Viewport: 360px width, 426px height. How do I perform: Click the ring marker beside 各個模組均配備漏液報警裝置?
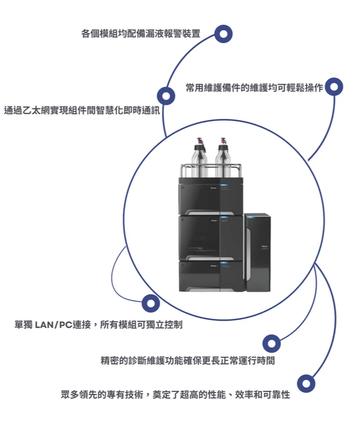[223, 34]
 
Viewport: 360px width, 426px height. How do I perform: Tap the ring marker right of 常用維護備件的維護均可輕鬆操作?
[334, 87]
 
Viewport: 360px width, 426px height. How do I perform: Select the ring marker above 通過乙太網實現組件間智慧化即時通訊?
[166, 96]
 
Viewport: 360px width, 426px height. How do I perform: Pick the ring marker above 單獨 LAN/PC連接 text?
[151, 304]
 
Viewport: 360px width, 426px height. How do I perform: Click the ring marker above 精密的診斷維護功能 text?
[272, 344]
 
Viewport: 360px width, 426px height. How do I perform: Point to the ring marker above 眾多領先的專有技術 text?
[306, 383]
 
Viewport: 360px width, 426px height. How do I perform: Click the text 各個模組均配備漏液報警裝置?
[141, 34]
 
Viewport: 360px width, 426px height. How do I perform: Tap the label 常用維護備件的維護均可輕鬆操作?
[254, 87]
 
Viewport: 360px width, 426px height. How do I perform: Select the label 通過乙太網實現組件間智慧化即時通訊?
[82, 111]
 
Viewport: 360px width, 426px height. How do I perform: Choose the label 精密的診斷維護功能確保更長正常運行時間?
[188, 360]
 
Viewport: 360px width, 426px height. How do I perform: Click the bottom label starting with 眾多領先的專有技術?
[175, 395]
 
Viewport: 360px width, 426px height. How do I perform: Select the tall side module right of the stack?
[258, 252]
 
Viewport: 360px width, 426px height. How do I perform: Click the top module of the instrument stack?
[211, 196]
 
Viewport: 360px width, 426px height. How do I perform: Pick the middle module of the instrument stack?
[211, 238]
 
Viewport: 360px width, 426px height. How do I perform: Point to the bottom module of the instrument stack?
[211, 276]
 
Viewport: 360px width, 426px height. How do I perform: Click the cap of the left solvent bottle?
[200, 144]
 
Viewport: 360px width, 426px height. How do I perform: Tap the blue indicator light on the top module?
[223, 185]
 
